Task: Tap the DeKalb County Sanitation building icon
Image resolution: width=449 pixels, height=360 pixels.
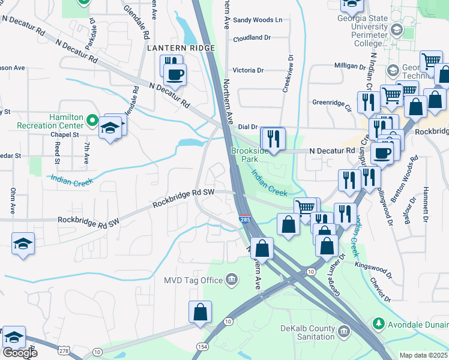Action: click(343, 331)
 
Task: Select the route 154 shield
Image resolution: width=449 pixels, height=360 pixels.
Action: click(202, 347)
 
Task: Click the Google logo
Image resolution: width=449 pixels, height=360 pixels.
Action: click(20, 353)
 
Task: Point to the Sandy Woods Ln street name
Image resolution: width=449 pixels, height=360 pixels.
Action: click(258, 20)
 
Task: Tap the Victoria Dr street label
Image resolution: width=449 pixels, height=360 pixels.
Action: click(248, 70)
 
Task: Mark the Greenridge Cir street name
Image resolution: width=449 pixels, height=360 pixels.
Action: click(331, 102)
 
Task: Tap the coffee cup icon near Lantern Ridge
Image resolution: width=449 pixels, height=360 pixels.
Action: click(175, 74)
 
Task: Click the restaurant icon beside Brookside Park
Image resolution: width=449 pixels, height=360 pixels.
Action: click(274, 139)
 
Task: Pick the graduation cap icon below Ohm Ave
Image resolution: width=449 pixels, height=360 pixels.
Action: click(23, 243)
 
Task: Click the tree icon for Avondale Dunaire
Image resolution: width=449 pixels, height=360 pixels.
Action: click(379, 324)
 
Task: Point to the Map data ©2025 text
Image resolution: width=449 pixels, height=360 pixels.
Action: click(423, 355)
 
